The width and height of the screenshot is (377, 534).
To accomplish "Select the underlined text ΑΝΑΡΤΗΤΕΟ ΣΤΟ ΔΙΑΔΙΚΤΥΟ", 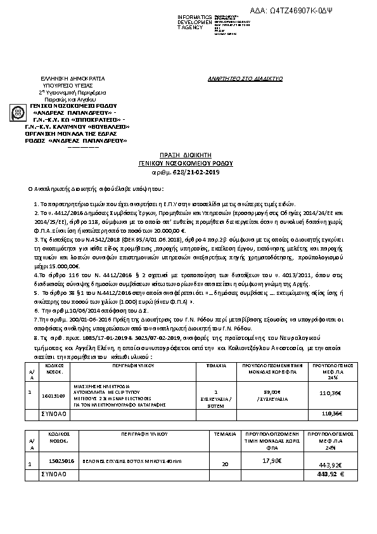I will pyautogui.click(x=246, y=78).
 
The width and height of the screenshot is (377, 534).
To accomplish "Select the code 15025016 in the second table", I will pyautogui.click(x=61, y=462).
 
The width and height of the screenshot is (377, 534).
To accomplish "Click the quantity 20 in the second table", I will pyautogui.click(x=224, y=465).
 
